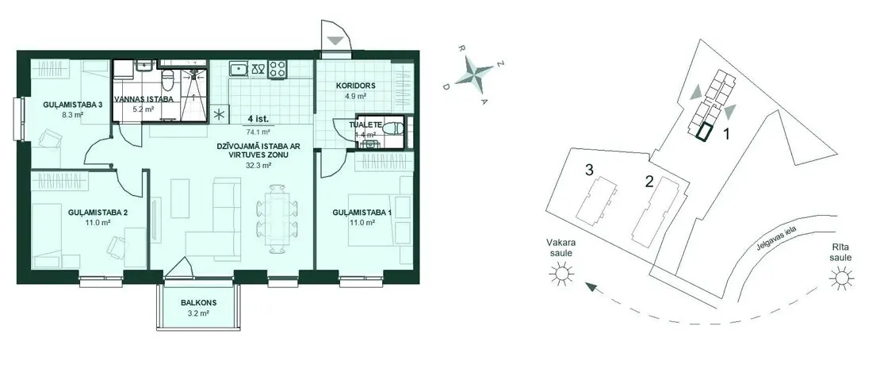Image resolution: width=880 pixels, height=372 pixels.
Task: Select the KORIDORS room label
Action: click(x=355, y=86)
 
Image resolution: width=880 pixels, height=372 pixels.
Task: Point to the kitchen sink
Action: click(x=239, y=69)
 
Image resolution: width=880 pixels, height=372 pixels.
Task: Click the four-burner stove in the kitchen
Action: click(x=277, y=69)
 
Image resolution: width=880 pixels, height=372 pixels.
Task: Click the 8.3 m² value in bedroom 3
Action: click(x=72, y=114)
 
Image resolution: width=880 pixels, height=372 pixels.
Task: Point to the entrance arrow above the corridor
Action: click(x=335, y=40)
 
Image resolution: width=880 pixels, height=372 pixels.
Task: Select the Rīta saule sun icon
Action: click(x=842, y=278)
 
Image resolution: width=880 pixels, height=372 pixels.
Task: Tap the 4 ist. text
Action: click(x=258, y=119)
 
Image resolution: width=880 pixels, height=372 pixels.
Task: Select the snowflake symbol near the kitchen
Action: click(x=218, y=114)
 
